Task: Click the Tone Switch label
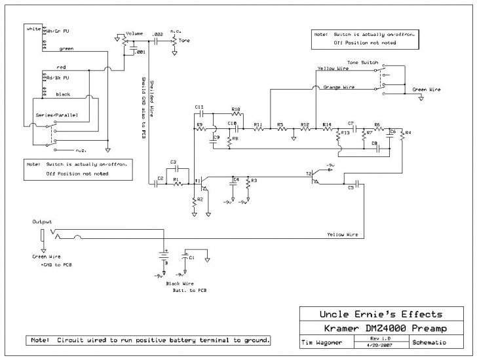[x=362, y=62]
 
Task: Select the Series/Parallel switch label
[x=57, y=115]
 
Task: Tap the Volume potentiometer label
[x=135, y=33]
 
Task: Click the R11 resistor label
[x=258, y=124]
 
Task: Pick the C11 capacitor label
[x=199, y=107]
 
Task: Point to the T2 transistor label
[x=309, y=173]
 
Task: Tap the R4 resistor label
[x=408, y=134]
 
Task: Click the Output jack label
[x=42, y=222]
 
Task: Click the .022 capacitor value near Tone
[x=157, y=33]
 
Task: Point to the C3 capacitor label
[x=173, y=161]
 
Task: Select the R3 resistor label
[x=254, y=179]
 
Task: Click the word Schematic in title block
[x=429, y=342]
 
